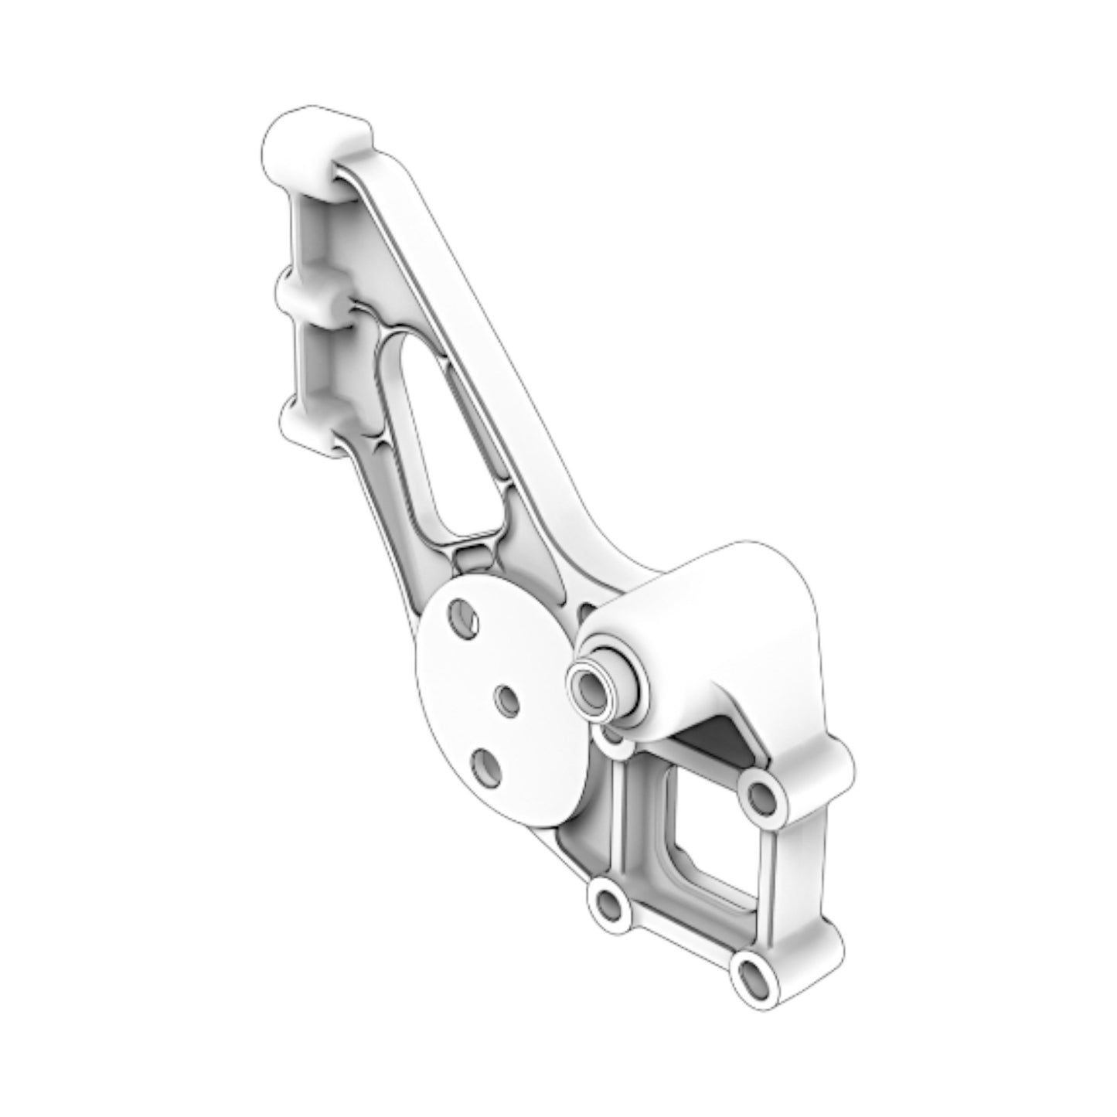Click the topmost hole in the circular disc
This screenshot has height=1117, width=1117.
coord(465,615)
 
